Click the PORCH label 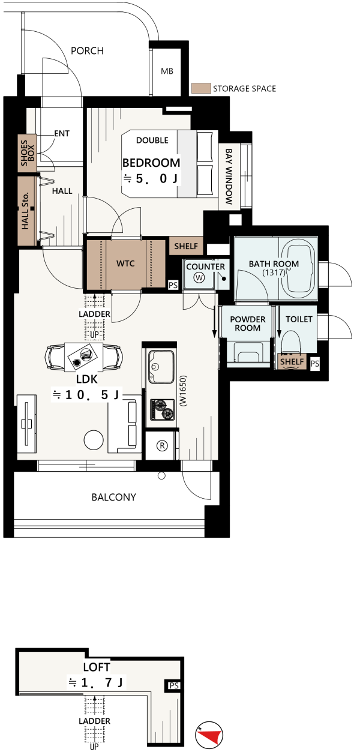pyautogui.click(x=87, y=51)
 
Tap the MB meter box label pyautogui.click(x=167, y=71)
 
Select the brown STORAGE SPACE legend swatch pyautogui.click(x=201, y=88)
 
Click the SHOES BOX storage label pyautogui.click(x=28, y=153)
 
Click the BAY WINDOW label pyautogui.click(x=229, y=176)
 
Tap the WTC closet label pyautogui.click(x=125, y=263)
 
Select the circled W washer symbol pyautogui.click(x=199, y=278)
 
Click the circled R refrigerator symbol pyautogui.click(x=162, y=446)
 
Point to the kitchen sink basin pyautogui.click(x=161, y=366)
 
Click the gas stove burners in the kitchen pyautogui.click(x=163, y=409)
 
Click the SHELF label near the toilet pyautogui.click(x=292, y=362)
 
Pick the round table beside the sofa pyautogui.click(x=94, y=440)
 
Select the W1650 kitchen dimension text pyautogui.click(x=183, y=391)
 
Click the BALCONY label pyautogui.click(x=114, y=497)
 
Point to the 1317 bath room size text pyautogui.click(x=274, y=272)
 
